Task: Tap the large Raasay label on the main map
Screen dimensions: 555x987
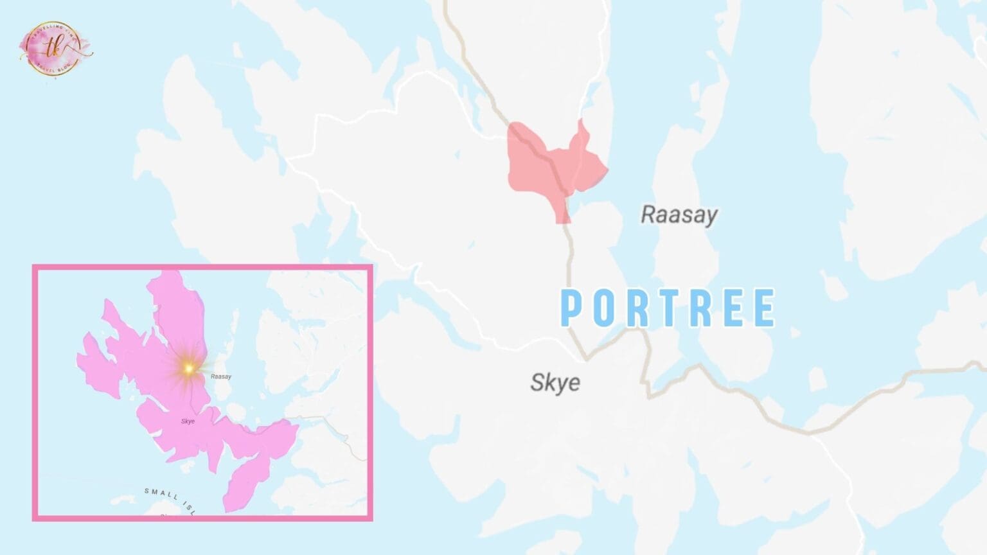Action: click(679, 215)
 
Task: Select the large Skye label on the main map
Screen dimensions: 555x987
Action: click(555, 382)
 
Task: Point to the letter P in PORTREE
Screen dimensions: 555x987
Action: click(572, 308)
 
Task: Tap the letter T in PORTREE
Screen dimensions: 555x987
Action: click(669, 308)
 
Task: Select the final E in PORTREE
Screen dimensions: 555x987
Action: click(765, 308)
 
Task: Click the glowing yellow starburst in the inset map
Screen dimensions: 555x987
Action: click(188, 368)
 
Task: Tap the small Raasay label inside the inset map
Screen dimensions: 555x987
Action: click(221, 376)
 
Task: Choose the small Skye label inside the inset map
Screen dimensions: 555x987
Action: click(188, 421)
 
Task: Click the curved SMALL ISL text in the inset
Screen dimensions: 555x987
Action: click(168, 499)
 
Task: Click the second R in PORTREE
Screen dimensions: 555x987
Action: click(701, 308)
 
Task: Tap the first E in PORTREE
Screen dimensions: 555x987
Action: click(733, 308)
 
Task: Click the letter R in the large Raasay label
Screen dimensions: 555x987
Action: click(648, 214)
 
